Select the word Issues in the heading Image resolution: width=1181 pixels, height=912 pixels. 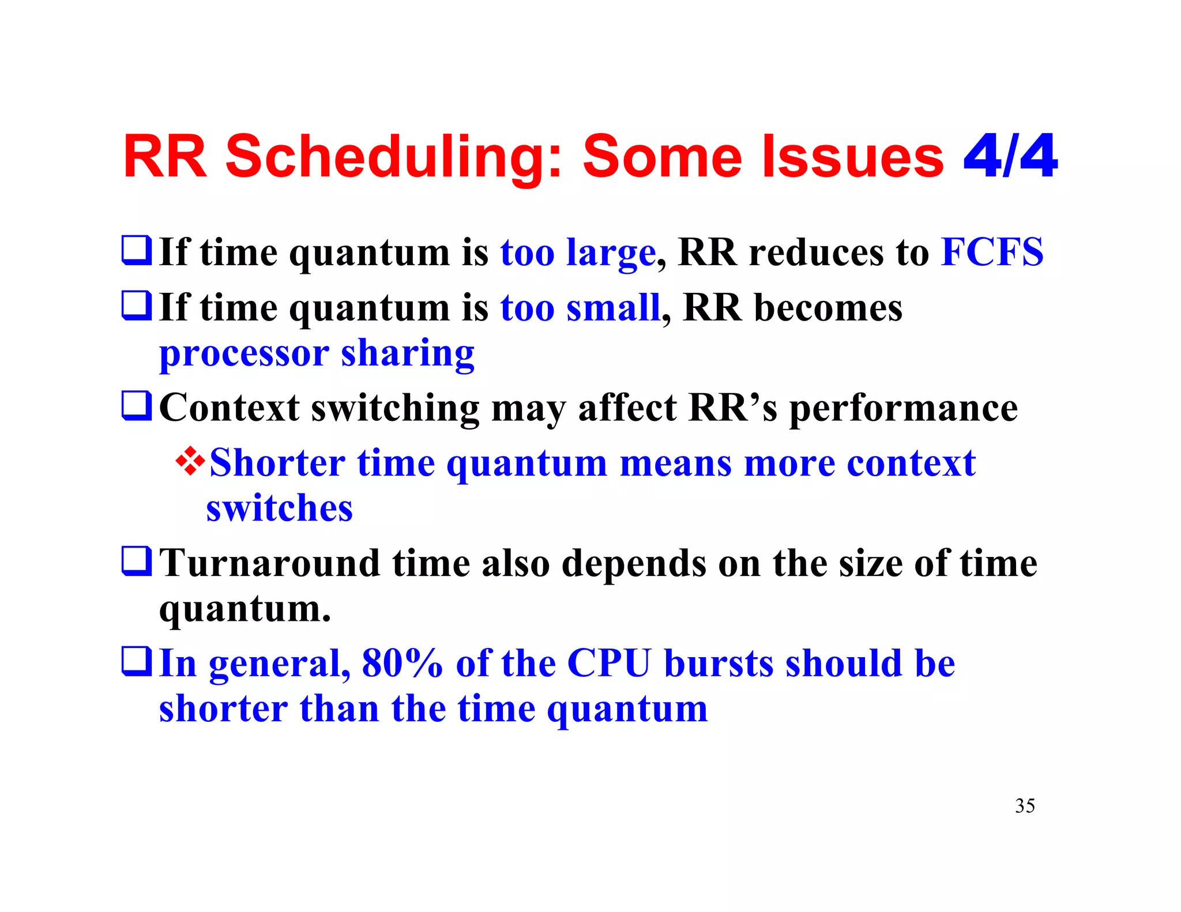pyautogui.click(x=853, y=157)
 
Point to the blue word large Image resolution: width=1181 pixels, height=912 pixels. pyautogui.click(x=611, y=254)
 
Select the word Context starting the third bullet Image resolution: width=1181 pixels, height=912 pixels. pyautogui.click(x=229, y=408)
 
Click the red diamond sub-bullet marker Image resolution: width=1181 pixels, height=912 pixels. pyautogui.click(x=190, y=462)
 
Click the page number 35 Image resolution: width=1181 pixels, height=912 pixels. pyautogui.click(x=1025, y=805)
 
